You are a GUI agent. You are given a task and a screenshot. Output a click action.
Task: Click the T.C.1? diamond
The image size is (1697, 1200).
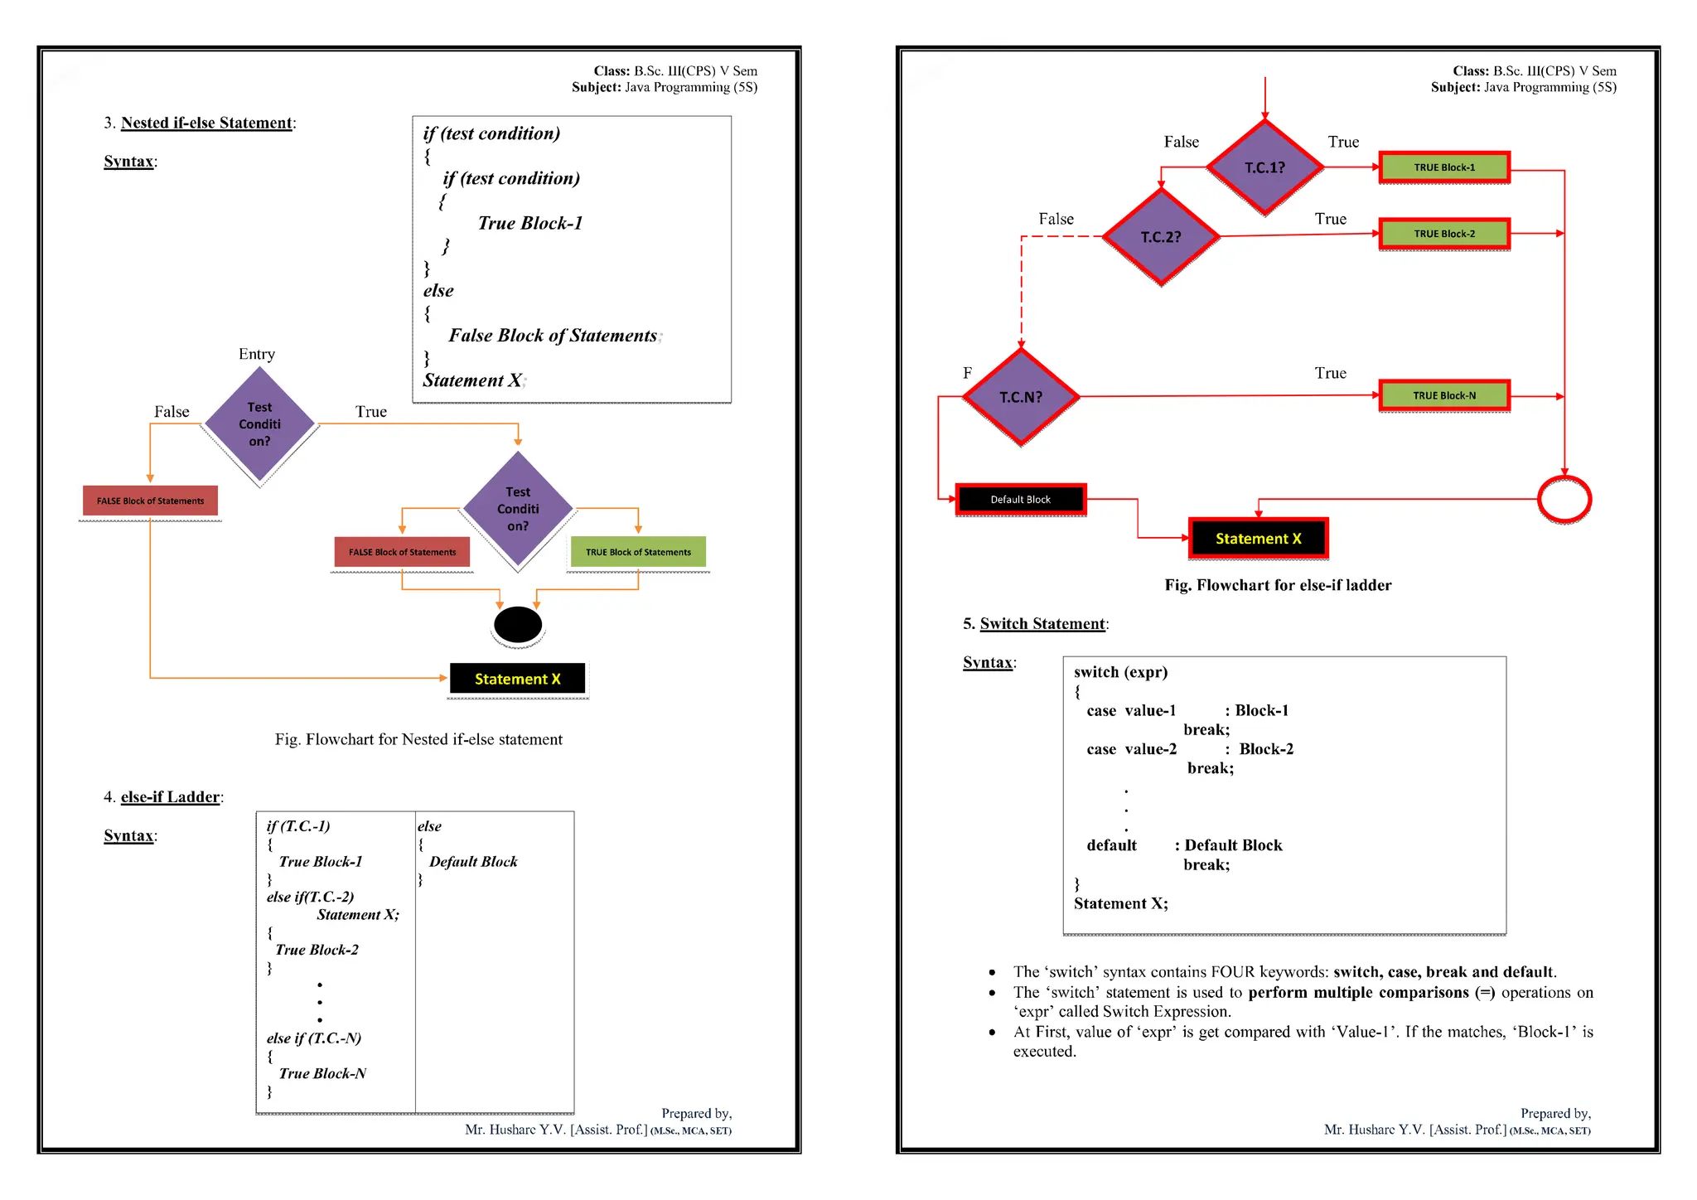click(1264, 167)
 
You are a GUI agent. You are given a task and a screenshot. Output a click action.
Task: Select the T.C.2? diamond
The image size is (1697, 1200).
click(1161, 237)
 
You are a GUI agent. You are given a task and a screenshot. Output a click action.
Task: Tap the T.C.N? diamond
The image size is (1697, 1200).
click(1021, 397)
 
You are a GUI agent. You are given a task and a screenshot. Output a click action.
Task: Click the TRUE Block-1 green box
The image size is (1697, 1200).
click(1444, 167)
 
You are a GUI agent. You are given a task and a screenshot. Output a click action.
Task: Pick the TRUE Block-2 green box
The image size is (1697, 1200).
click(1444, 234)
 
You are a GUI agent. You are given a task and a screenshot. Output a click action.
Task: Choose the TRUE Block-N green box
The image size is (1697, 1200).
click(1444, 395)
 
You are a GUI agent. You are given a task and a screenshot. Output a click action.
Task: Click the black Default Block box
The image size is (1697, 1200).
click(1020, 500)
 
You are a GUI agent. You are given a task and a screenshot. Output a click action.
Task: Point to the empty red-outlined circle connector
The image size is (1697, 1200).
click(1564, 499)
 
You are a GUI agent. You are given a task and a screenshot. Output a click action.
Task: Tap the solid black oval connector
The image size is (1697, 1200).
click(518, 625)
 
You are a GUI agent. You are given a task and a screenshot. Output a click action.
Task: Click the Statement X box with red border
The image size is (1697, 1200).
click(1258, 539)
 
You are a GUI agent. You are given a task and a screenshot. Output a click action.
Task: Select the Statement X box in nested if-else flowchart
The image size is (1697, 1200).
click(518, 679)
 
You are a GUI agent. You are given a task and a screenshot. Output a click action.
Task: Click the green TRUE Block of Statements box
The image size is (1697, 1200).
click(638, 552)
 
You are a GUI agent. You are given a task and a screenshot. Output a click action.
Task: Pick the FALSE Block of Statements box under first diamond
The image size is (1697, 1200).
click(150, 501)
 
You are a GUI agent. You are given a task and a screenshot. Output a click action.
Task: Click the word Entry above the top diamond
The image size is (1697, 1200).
click(257, 354)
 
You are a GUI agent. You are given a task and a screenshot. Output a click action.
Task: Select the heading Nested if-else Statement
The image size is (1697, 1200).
click(206, 123)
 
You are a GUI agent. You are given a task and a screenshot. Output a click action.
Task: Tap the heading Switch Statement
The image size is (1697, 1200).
click(1042, 623)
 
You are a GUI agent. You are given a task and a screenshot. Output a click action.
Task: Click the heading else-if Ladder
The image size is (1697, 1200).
click(170, 796)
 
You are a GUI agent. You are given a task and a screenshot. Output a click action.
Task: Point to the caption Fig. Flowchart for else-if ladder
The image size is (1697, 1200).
click(1278, 585)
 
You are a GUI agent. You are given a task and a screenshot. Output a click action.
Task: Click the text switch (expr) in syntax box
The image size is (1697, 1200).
click(1120, 672)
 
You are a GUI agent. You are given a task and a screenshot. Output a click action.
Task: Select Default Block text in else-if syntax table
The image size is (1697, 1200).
click(473, 862)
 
